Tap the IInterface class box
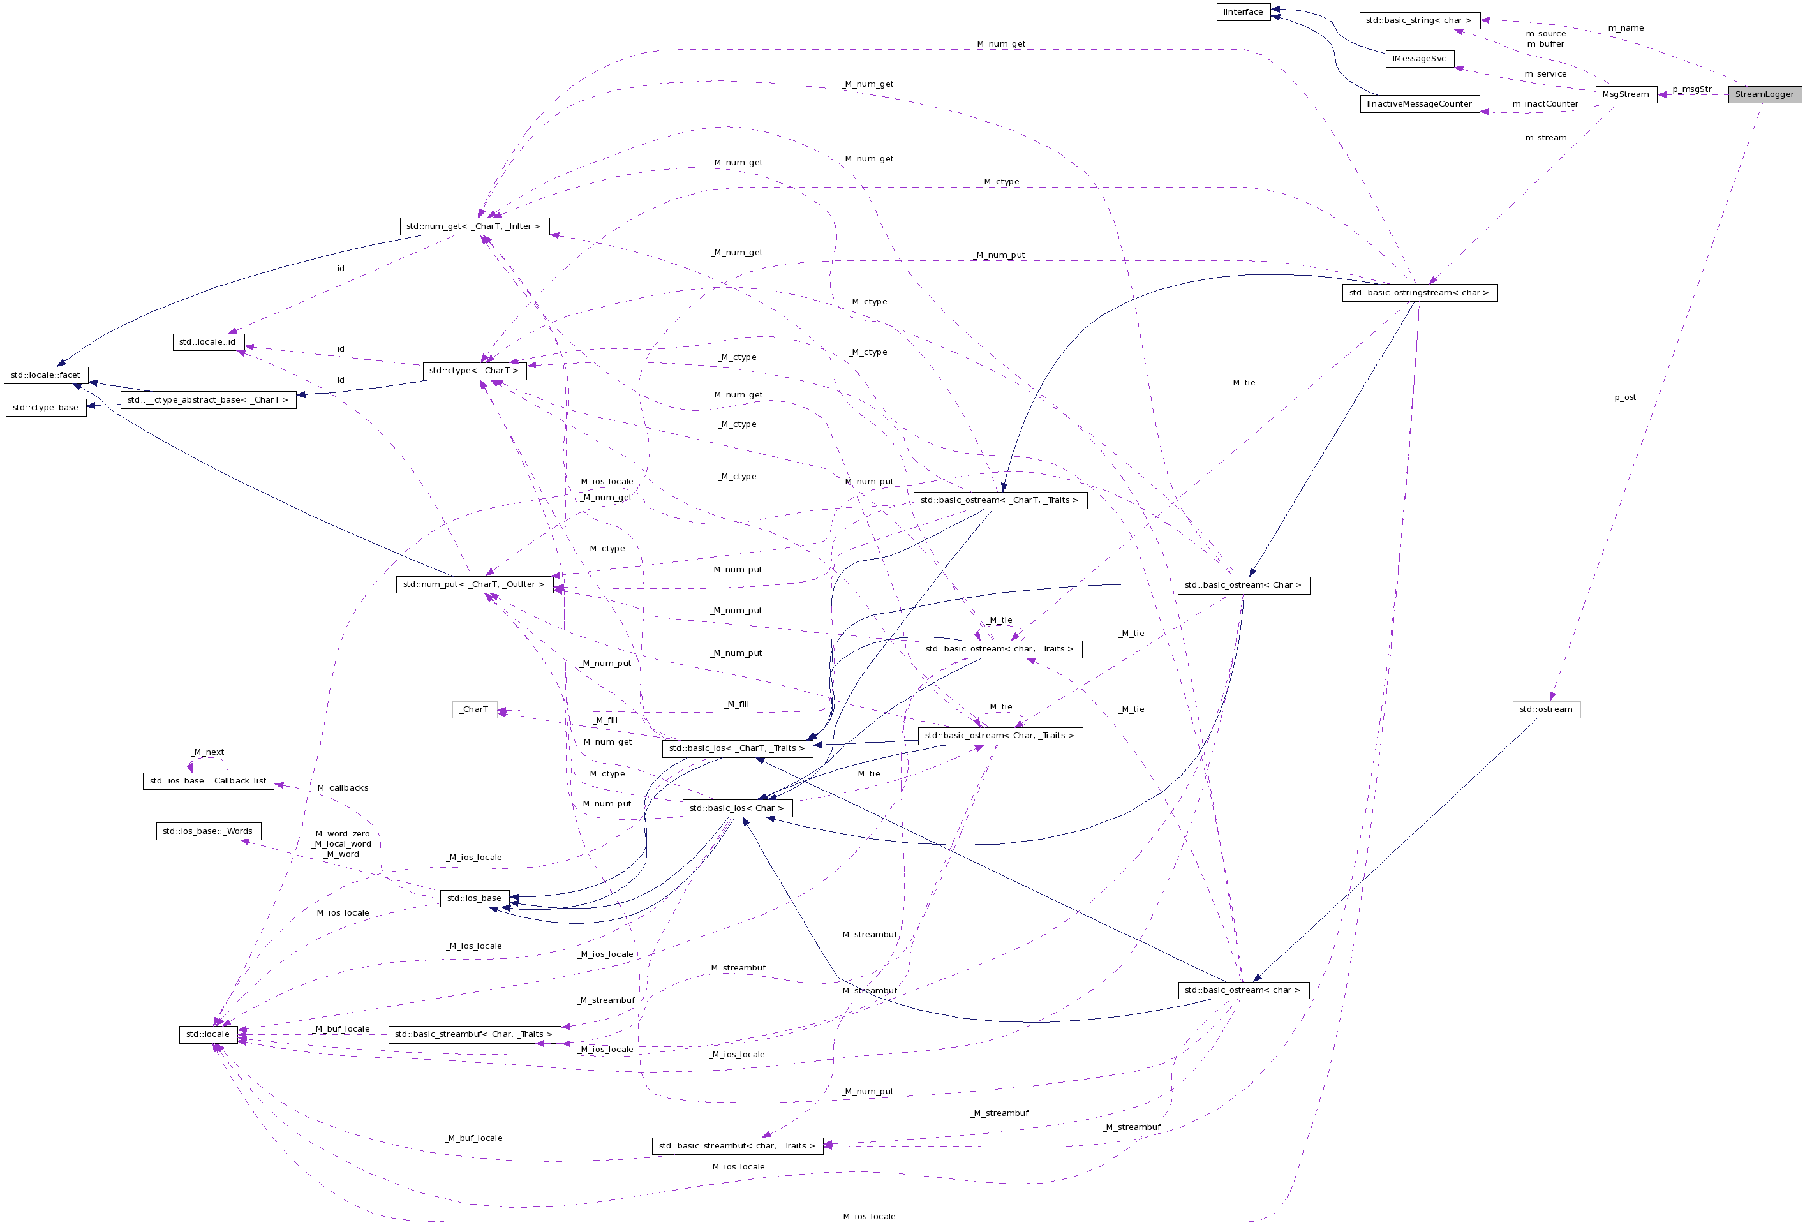pyautogui.click(x=1243, y=12)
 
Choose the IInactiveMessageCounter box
pyautogui.click(x=1419, y=104)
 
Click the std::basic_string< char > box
pyautogui.click(x=1418, y=21)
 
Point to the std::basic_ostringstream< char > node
pyautogui.click(x=1419, y=293)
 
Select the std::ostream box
pyautogui.click(x=1545, y=709)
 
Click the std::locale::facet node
pyautogui.click(x=46, y=375)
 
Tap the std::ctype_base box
pyautogui.click(x=46, y=408)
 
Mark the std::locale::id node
pyautogui.click(x=207, y=342)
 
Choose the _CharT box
pyautogui.click(x=475, y=709)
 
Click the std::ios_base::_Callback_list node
pyautogui.click(x=208, y=781)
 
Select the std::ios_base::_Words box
pyautogui.click(x=207, y=831)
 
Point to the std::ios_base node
pyautogui.click(x=475, y=898)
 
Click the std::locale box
pyautogui.click(x=208, y=1034)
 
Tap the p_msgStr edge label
pyautogui.click(x=1691, y=89)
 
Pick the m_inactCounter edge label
pyautogui.click(x=1545, y=104)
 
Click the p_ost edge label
pyautogui.click(x=1625, y=397)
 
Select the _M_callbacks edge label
pyautogui.click(x=343, y=788)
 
